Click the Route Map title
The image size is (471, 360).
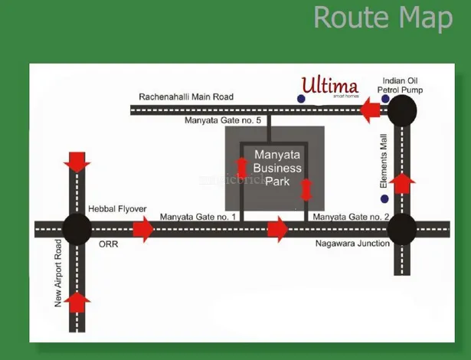point(382,18)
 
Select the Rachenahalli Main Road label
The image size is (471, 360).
point(186,97)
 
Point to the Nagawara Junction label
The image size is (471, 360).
point(354,244)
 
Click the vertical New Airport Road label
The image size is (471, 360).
point(58,272)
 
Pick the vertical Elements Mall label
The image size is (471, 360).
point(384,161)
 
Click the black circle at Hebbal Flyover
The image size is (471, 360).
point(77,228)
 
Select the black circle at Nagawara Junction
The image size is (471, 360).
point(401,228)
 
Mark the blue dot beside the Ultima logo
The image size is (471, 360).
point(301,98)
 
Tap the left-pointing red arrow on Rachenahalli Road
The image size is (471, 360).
point(371,113)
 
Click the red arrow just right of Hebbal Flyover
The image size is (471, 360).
point(143,228)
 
